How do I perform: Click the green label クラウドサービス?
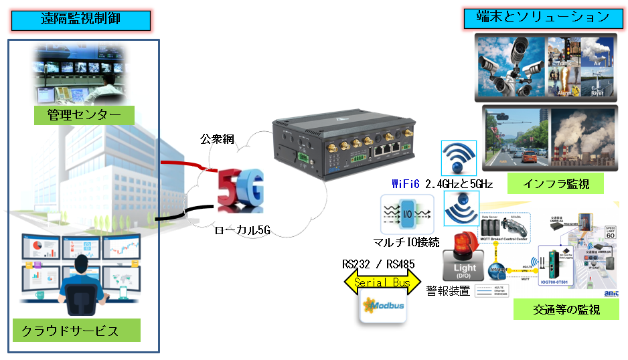[76, 330]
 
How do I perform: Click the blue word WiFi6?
[408, 183]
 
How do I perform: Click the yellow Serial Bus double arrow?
[382, 283]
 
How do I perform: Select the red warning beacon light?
[465, 246]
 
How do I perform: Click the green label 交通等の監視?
[566, 309]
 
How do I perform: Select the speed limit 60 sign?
[609, 232]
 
